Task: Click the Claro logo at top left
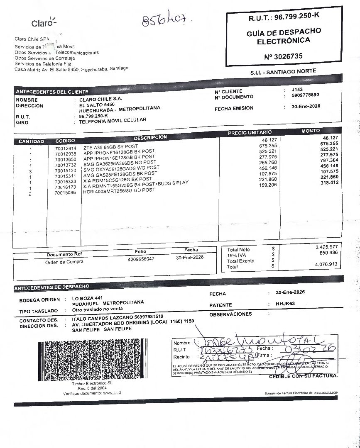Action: [x=43, y=23]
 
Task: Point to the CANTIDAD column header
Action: [x=31, y=141]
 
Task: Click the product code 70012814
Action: [x=66, y=149]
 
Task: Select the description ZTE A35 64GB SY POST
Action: [x=110, y=147]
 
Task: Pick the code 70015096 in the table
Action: [x=66, y=192]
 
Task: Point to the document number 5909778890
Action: [x=305, y=95]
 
